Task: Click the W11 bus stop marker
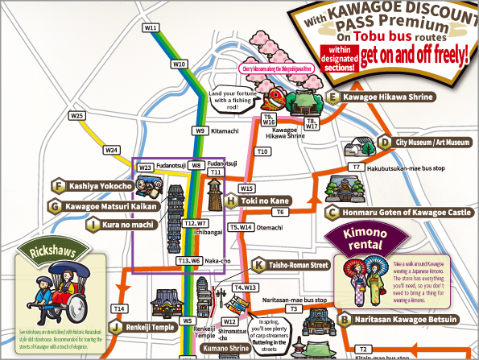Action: click(150, 27)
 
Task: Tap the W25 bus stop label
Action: click(77, 116)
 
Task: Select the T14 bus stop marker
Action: click(120, 308)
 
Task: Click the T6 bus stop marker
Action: click(280, 212)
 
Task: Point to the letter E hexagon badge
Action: click(332, 97)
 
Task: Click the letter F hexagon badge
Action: click(57, 186)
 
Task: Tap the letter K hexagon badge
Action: click(258, 264)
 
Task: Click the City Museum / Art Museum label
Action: click(432, 142)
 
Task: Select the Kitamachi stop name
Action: click(225, 130)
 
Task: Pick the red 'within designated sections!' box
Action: click(338, 57)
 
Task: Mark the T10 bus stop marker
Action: click(262, 151)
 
